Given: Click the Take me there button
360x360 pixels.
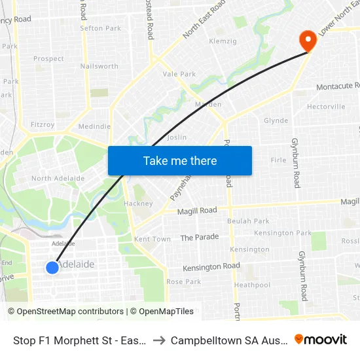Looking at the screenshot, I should tap(180, 160).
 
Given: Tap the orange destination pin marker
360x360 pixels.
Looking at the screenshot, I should tap(307, 41).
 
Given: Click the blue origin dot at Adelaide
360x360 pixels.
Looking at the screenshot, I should tap(53, 267).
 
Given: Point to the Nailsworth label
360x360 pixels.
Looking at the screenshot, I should tap(99, 66).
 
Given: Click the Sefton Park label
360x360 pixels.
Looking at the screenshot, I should tap(100, 28).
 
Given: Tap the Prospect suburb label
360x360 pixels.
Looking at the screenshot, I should tap(48, 58).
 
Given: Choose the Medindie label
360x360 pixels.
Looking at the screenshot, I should tap(94, 126).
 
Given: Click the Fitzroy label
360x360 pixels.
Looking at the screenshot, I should tap(43, 124).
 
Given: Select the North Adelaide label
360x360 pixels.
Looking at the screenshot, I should tap(58, 178).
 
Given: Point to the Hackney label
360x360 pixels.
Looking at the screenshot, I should tap(138, 204).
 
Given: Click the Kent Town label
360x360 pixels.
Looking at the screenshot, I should tap(152, 239).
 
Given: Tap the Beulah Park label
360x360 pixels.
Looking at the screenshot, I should tap(248, 221).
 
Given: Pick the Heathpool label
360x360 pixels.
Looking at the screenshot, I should tap(252, 285).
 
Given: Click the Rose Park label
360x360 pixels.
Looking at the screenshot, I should tap(184, 281).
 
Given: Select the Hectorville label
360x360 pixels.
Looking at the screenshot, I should tap(326, 107).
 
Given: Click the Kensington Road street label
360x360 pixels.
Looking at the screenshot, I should tap(211, 267).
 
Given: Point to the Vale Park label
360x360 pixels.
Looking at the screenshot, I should tap(179, 74).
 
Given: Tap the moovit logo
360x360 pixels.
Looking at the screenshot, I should tap(321, 339).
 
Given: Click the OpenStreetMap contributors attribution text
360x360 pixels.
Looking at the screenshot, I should tap(65, 312).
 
